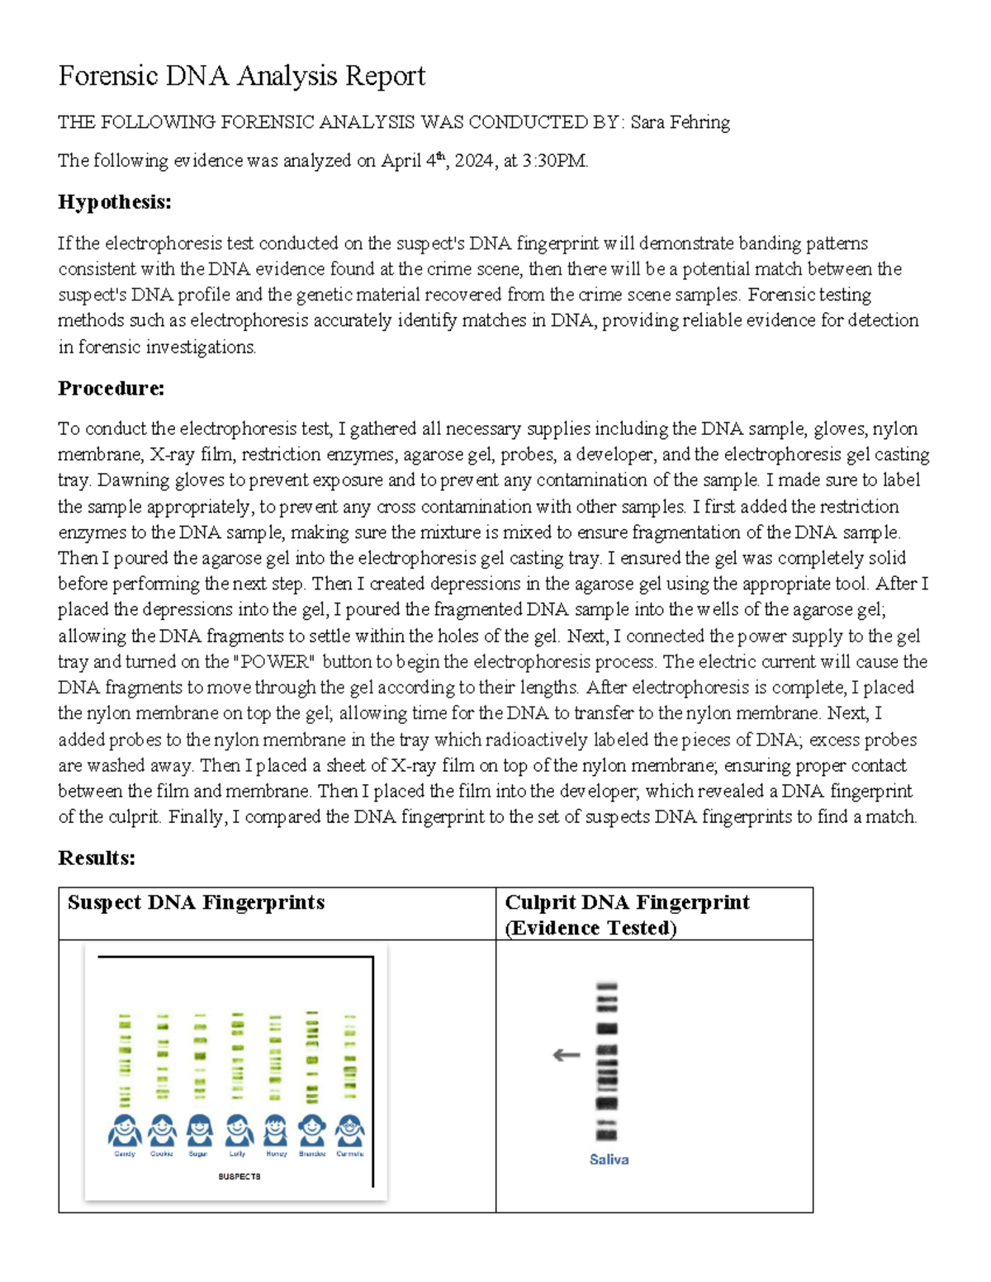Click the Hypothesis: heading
pyautogui.click(x=115, y=202)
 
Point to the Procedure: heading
pyautogui.click(x=111, y=388)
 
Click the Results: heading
pyautogui.click(x=97, y=859)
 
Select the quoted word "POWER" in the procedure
pyautogui.click(x=274, y=662)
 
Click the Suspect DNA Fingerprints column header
pyautogui.click(x=196, y=902)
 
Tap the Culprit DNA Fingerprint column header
pyautogui.click(x=627, y=902)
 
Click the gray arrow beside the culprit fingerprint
pyautogui.click(x=567, y=1055)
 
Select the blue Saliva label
pyautogui.click(x=609, y=1160)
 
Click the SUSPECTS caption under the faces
pyautogui.click(x=239, y=1176)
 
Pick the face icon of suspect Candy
pyautogui.click(x=125, y=1129)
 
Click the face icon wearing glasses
pyautogui.click(x=350, y=1129)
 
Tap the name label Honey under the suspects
pyautogui.click(x=276, y=1154)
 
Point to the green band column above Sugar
pyautogui.click(x=199, y=1057)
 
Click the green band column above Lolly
pyautogui.click(x=238, y=1057)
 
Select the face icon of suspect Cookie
pyautogui.click(x=162, y=1129)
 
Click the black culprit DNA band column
pyautogui.click(x=607, y=1061)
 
